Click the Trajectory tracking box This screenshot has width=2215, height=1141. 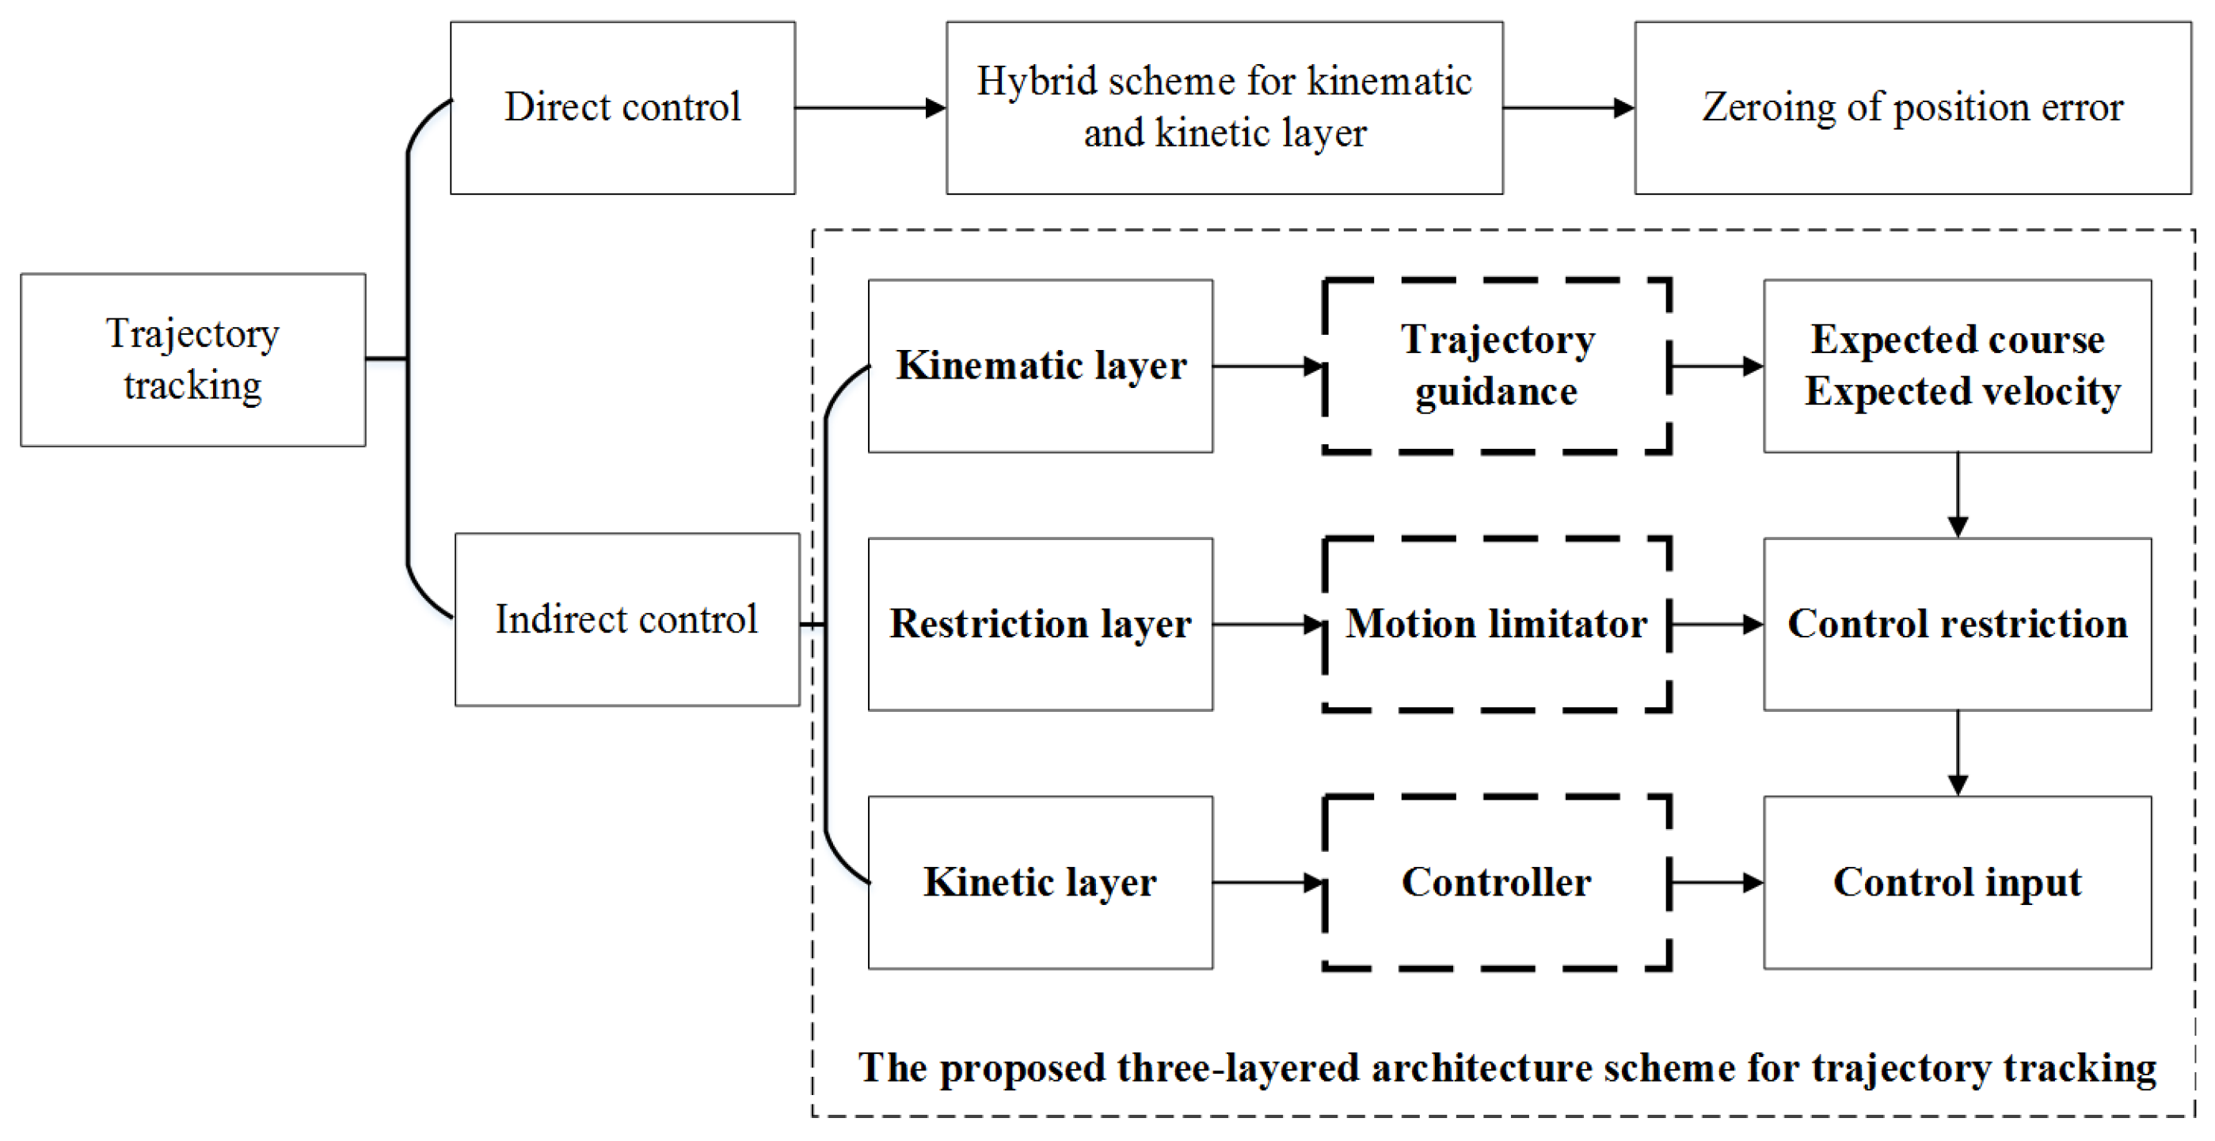[x=192, y=359]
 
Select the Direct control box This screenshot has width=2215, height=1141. [x=622, y=108]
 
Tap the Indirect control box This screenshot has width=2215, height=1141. [x=627, y=619]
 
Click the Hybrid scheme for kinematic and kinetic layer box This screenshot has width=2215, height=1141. [x=1224, y=108]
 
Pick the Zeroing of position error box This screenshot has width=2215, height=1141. [x=1912, y=108]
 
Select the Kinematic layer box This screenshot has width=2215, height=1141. [x=1041, y=366]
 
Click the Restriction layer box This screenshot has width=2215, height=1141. [x=1041, y=623]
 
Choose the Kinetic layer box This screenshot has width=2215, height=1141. [x=1041, y=882]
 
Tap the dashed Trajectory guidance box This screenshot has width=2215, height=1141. [x=1497, y=366]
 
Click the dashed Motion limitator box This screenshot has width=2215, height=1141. [x=1497, y=623]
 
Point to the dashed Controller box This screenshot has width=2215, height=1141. [x=1497, y=882]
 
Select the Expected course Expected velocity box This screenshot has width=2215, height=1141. [x=1958, y=366]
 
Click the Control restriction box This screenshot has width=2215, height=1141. [x=1958, y=623]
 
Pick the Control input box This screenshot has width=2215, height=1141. [x=1958, y=882]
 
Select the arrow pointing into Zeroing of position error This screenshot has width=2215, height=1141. [x=1568, y=108]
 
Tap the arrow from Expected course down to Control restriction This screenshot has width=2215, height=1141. [x=1958, y=494]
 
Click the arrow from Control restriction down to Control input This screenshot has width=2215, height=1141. [x=1958, y=752]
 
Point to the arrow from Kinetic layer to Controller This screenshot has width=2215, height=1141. [x=1267, y=882]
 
